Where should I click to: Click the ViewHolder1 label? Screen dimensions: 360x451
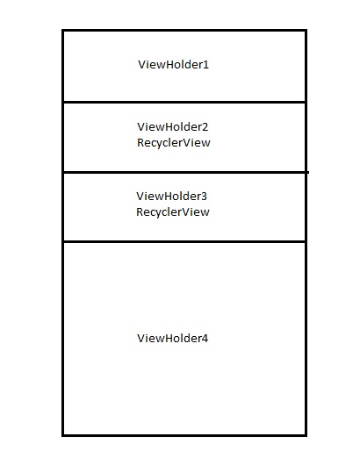174,65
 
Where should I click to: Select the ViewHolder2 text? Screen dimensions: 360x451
173,127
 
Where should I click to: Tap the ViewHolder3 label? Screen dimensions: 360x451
172,197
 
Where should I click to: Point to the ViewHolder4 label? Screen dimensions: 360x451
173,339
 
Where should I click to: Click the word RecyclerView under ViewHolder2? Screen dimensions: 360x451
174,143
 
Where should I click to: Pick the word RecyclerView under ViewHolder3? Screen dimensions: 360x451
173,212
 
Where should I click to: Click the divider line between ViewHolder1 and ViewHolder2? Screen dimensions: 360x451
184,102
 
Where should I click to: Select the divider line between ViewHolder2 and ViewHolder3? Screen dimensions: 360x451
185,173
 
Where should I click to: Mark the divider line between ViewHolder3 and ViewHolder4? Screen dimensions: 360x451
184,241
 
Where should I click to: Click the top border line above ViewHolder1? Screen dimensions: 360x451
184,30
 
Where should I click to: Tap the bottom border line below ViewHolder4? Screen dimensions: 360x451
184,435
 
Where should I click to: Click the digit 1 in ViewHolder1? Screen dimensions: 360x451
206,65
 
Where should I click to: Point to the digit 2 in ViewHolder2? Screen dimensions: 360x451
205,127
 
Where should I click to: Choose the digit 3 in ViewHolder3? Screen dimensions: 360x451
204,197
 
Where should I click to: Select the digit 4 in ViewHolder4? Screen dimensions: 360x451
205,339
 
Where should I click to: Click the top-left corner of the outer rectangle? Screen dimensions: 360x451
63,30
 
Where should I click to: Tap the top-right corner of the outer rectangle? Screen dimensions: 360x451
306,30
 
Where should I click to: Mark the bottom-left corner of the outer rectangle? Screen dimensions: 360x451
63,435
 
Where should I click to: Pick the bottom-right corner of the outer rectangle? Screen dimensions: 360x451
306,435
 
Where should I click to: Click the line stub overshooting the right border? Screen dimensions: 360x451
308,173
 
